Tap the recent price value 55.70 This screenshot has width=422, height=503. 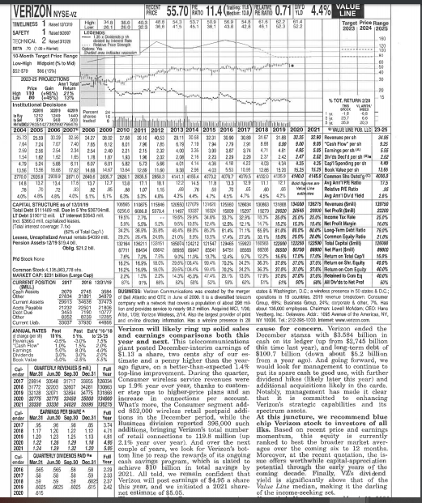(176, 10)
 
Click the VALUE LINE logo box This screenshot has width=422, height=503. (393, 10)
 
